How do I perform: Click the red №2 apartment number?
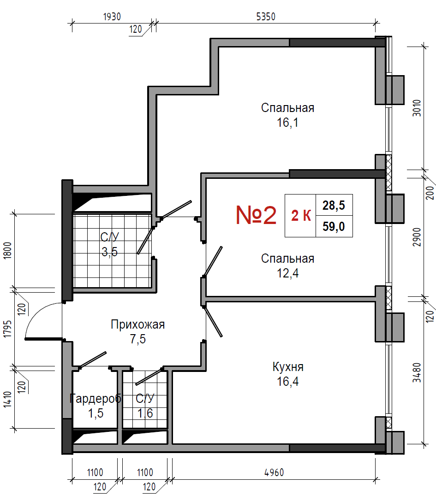(256, 215)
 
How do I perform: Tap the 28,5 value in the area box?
(334, 205)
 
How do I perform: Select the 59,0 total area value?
(334, 226)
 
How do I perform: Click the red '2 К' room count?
(301, 216)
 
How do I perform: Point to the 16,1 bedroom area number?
(287, 123)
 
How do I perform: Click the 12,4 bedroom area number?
(287, 273)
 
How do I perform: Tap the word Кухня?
(288, 367)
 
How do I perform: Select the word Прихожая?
(138, 324)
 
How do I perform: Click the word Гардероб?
(95, 399)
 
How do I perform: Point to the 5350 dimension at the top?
(266, 17)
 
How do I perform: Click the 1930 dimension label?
(112, 17)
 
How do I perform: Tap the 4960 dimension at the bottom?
(274, 472)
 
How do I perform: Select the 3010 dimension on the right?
(417, 108)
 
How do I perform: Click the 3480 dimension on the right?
(417, 373)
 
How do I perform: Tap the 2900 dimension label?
(417, 237)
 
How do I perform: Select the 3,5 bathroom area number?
(110, 252)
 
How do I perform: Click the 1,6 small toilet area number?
(145, 413)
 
